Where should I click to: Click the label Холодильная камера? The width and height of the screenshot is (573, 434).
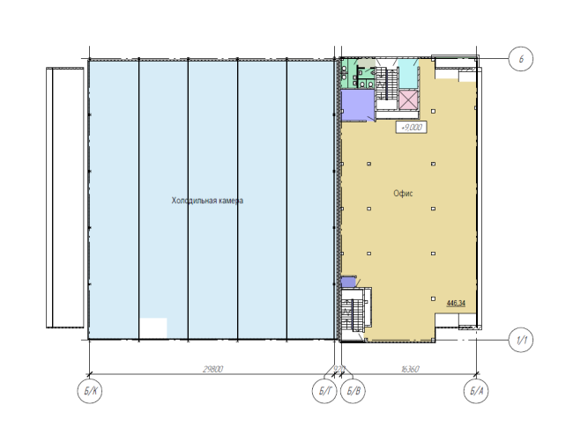pos(207,201)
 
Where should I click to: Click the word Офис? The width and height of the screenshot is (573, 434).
pos(405,193)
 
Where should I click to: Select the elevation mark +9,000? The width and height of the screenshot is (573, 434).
pos(413,127)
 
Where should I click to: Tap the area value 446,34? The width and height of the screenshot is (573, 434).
pos(456,303)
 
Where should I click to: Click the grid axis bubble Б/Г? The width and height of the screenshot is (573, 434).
pos(325,391)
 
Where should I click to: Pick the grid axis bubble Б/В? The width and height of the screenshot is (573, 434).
pos(353,391)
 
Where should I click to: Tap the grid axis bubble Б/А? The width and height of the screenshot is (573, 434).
pos(475,391)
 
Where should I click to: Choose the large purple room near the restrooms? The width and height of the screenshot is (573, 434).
pos(357,105)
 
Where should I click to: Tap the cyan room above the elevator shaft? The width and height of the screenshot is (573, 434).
pos(408,75)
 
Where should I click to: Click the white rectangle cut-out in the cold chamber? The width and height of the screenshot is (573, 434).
pos(153,327)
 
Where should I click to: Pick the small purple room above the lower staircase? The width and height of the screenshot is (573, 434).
pos(349,282)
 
